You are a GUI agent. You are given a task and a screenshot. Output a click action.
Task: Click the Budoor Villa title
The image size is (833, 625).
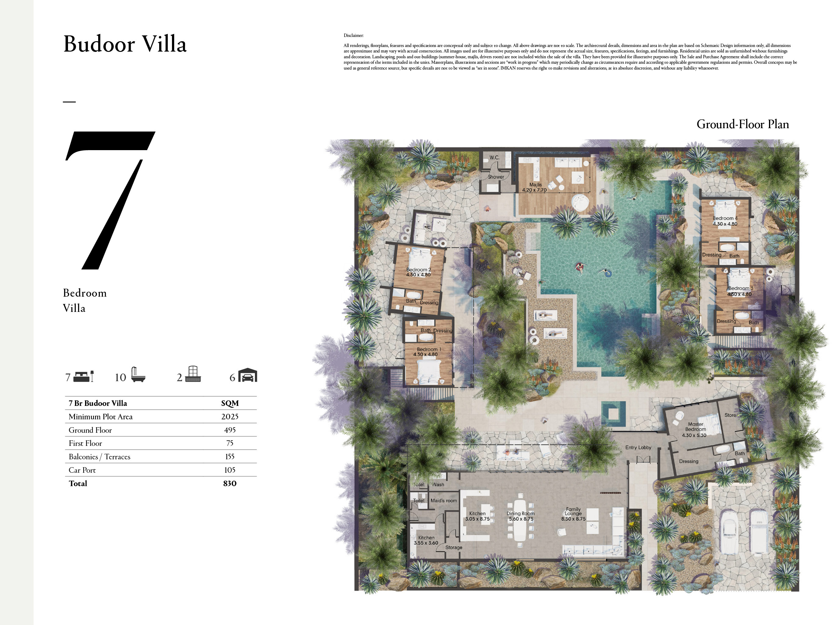(125, 44)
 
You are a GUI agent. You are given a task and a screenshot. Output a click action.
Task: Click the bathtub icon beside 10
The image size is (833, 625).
(138, 375)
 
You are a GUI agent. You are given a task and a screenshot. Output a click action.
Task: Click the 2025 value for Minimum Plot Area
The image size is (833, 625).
(230, 417)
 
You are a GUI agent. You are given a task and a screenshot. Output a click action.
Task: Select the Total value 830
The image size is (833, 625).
(230, 483)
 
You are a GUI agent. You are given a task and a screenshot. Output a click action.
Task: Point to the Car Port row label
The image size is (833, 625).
(82, 470)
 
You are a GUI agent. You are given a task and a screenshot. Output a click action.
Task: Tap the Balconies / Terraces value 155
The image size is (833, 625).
(230, 457)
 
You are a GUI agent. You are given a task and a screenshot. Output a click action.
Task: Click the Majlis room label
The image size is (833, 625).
(535, 185)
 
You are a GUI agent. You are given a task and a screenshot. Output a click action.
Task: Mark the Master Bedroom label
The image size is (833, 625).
(695, 427)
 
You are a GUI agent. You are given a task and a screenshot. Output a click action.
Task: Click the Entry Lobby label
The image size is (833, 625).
(638, 447)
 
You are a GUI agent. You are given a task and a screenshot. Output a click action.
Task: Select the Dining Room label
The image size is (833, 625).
(520, 513)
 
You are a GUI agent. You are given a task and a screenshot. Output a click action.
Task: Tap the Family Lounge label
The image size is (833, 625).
(573, 511)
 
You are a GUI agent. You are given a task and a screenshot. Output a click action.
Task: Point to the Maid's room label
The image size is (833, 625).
(444, 500)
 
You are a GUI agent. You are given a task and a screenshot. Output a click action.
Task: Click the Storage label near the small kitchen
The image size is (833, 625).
(453, 547)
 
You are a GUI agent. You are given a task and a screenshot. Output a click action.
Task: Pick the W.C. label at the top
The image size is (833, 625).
(495, 157)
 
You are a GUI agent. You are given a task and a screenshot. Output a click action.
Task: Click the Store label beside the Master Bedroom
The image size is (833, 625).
(730, 415)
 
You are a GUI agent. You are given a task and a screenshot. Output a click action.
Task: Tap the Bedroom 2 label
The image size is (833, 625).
(418, 269)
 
